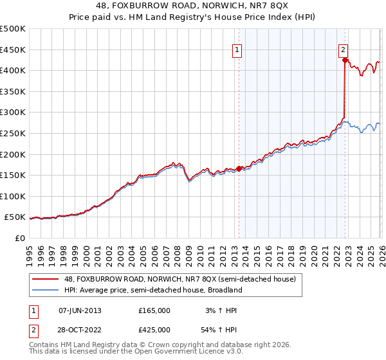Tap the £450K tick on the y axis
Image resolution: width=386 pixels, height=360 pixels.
coord(13,50)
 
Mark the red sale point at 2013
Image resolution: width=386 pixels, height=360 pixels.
coord(239,169)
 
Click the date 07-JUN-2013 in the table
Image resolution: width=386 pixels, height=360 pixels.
coord(80,310)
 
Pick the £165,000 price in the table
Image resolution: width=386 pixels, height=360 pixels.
coord(154,310)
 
